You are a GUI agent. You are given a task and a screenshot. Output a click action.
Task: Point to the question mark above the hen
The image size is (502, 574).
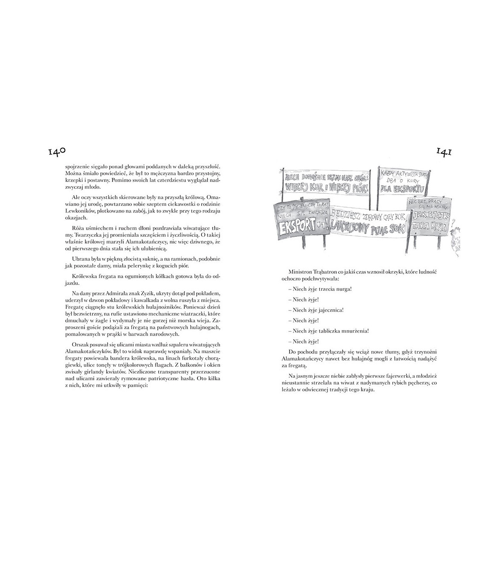pos(454,228)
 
